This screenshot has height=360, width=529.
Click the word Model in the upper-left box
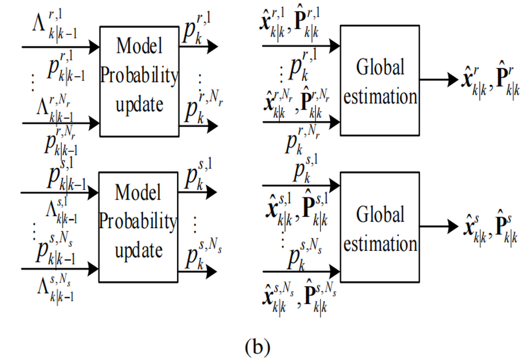coord(139,47)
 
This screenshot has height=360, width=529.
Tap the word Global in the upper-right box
coord(380,68)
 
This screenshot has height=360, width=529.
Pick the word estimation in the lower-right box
coord(380,244)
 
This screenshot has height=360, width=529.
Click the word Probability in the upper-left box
coord(139,76)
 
